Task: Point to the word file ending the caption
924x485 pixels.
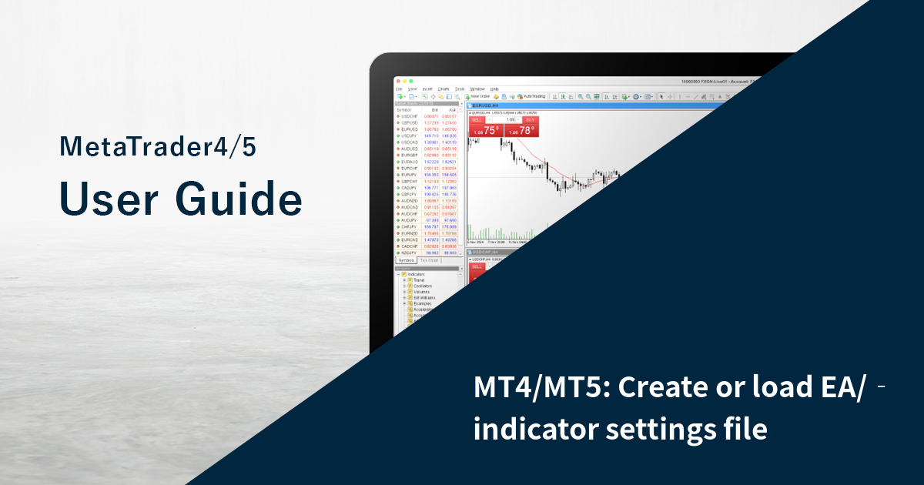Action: click(x=742, y=430)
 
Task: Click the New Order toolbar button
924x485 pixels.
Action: click(x=479, y=97)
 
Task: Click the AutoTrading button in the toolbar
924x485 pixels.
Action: click(x=531, y=97)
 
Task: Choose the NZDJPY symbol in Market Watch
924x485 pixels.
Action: click(x=409, y=253)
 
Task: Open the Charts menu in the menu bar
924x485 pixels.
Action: click(x=444, y=89)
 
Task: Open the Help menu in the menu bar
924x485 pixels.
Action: click(x=494, y=89)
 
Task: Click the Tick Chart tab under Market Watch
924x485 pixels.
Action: click(x=429, y=260)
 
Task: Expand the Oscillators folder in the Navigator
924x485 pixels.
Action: click(x=423, y=286)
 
